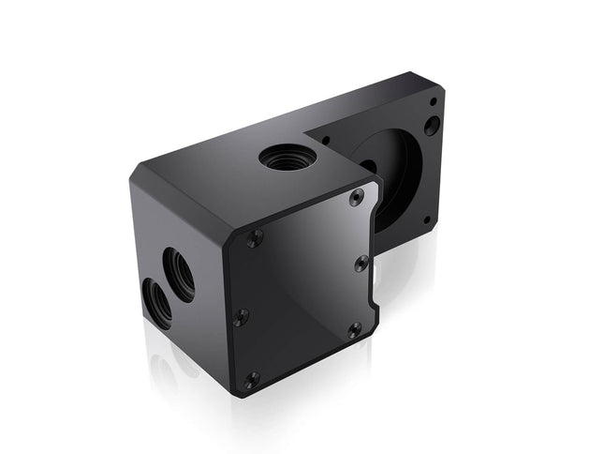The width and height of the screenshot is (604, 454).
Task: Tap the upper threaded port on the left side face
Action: pyautogui.click(x=180, y=272)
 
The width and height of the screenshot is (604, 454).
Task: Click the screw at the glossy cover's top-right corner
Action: pyautogui.click(x=356, y=197)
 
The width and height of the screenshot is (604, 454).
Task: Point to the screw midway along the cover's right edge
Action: pyautogui.click(x=361, y=264)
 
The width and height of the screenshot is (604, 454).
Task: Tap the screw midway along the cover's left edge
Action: pyautogui.click(x=242, y=316)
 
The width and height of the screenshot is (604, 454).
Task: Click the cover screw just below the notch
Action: pyautogui.click(x=354, y=329)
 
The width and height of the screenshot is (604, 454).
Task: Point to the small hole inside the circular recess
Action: pyautogui.click(x=369, y=169)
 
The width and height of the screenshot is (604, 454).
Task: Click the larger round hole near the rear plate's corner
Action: pyautogui.click(x=432, y=125)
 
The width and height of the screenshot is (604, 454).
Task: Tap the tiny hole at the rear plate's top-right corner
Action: pyautogui.click(x=434, y=99)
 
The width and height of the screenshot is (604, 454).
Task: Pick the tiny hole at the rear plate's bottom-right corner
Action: pyautogui.click(x=428, y=220)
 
